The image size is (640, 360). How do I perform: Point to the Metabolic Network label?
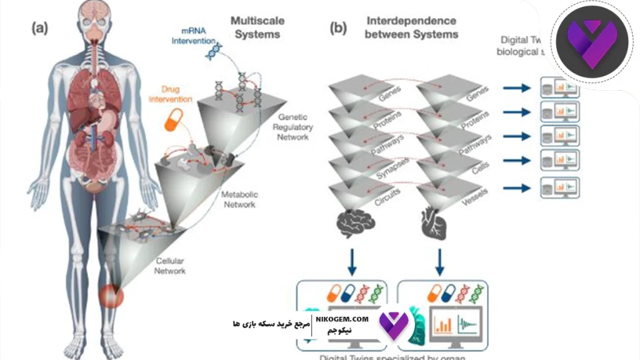click(239, 199)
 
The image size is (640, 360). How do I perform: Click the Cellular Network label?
click(169, 266)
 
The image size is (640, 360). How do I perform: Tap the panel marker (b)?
click(337, 27)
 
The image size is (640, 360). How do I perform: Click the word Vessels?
click(475, 192)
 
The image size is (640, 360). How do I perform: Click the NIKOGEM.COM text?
click(342, 319)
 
